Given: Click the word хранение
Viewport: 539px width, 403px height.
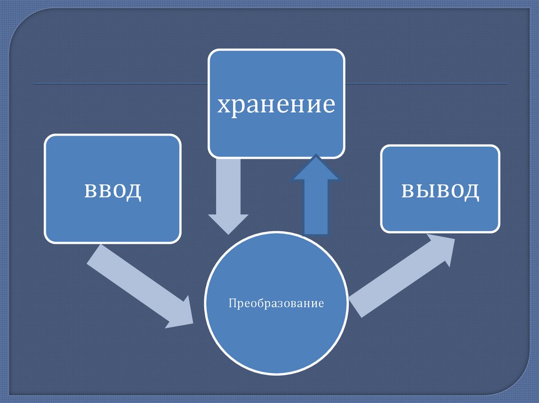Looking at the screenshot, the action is click(276, 104).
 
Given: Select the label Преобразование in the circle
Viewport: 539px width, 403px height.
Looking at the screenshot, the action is click(276, 304).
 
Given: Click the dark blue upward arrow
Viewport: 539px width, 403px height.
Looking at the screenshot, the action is click(316, 200).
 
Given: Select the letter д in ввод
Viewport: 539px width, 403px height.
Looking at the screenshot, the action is click(134, 190).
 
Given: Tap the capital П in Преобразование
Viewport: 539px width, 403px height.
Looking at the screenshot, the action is click(232, 304).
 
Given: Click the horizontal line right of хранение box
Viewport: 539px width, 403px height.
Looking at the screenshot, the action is click(426, 84).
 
